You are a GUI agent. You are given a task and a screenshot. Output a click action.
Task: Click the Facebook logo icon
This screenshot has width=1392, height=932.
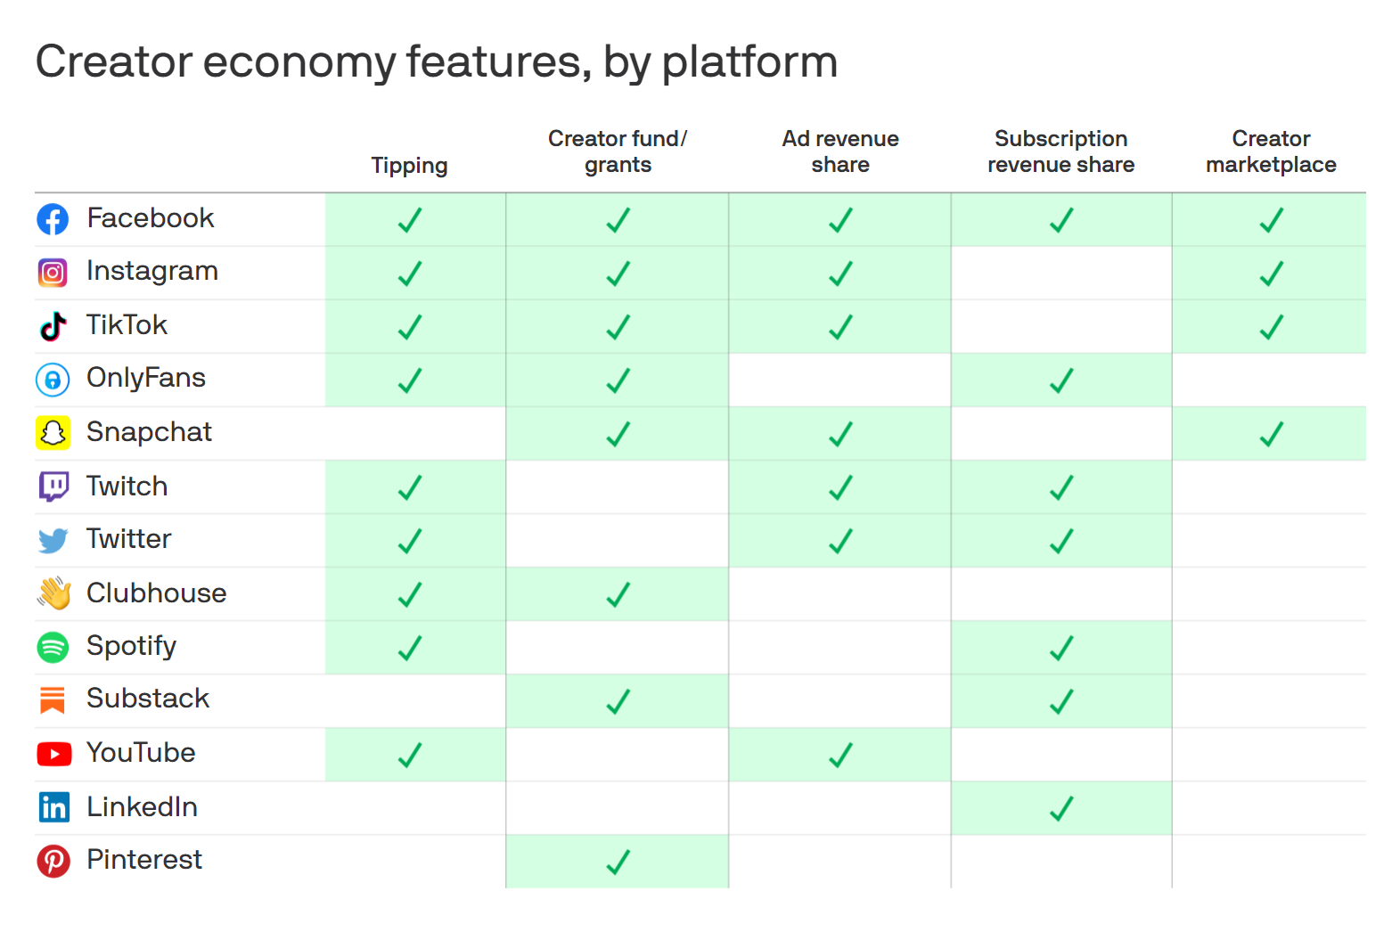coord(53,219)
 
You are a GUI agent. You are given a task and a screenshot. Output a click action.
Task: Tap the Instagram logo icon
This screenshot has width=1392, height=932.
coord(53,273)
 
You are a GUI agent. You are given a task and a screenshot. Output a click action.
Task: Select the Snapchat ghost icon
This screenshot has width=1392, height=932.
coord(53,433)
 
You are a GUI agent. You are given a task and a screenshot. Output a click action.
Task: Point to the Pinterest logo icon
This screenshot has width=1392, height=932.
coord(53,861)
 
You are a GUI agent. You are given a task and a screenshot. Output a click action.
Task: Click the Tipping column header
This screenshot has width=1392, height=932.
coord(409,166)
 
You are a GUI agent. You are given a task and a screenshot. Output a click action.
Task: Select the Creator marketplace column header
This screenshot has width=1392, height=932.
coord(1271,151)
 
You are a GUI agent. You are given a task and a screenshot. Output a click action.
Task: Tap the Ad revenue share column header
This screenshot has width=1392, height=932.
coord(840,151)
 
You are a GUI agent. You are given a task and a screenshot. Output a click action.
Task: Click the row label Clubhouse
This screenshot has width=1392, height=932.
coord(156,593)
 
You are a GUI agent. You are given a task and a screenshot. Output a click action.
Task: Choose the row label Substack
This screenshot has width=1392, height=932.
coord(148,699)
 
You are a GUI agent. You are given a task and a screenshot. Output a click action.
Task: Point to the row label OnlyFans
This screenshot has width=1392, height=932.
coord(146,379)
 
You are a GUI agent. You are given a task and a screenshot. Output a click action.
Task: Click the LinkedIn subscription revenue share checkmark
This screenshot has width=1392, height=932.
coord(1061,808)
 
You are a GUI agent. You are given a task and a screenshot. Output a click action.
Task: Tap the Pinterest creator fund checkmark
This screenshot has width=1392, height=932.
coord(618,862)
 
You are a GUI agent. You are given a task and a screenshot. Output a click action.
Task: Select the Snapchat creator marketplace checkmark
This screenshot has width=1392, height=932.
coord(1272,434)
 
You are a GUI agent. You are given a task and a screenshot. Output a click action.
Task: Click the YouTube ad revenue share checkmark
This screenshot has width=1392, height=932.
coord(840,755)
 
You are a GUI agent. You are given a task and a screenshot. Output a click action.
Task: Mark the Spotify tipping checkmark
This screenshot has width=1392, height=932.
coord(409,648)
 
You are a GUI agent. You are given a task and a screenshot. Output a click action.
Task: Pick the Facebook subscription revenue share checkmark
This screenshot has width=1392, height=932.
coord(1061,220)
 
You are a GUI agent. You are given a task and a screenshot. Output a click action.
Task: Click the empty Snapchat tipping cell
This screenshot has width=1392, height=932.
coord(415,434)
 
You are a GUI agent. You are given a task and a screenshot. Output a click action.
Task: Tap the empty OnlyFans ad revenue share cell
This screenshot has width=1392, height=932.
coord(839,380)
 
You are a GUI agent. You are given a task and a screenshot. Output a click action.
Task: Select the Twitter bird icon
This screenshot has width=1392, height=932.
coord(53,540)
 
